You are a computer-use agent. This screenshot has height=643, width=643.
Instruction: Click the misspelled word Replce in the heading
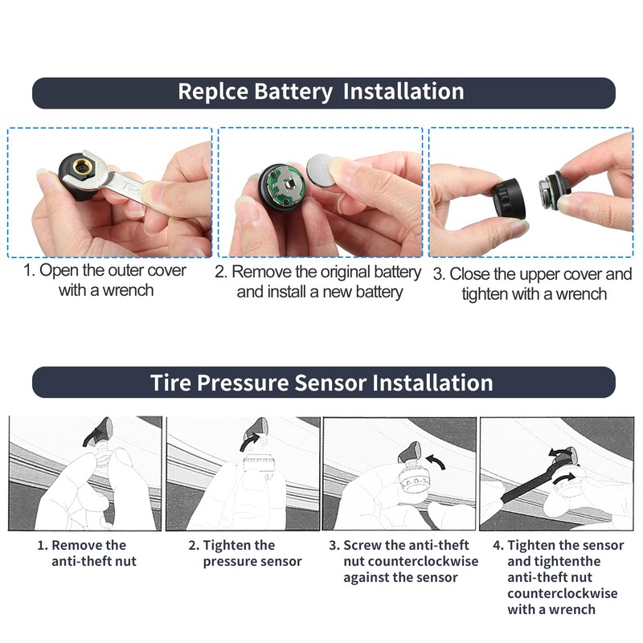point(213,92)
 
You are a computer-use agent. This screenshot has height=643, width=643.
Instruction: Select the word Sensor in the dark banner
point(330,383)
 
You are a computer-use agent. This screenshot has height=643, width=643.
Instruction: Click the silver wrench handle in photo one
point(130,186)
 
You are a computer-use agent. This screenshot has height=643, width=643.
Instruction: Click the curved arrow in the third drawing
point(436,461)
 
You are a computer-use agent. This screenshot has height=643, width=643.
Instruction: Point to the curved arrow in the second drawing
point(249,443)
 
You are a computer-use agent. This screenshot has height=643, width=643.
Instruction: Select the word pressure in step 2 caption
point(227,561)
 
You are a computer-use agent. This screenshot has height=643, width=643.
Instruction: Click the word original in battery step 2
point(346,272)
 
